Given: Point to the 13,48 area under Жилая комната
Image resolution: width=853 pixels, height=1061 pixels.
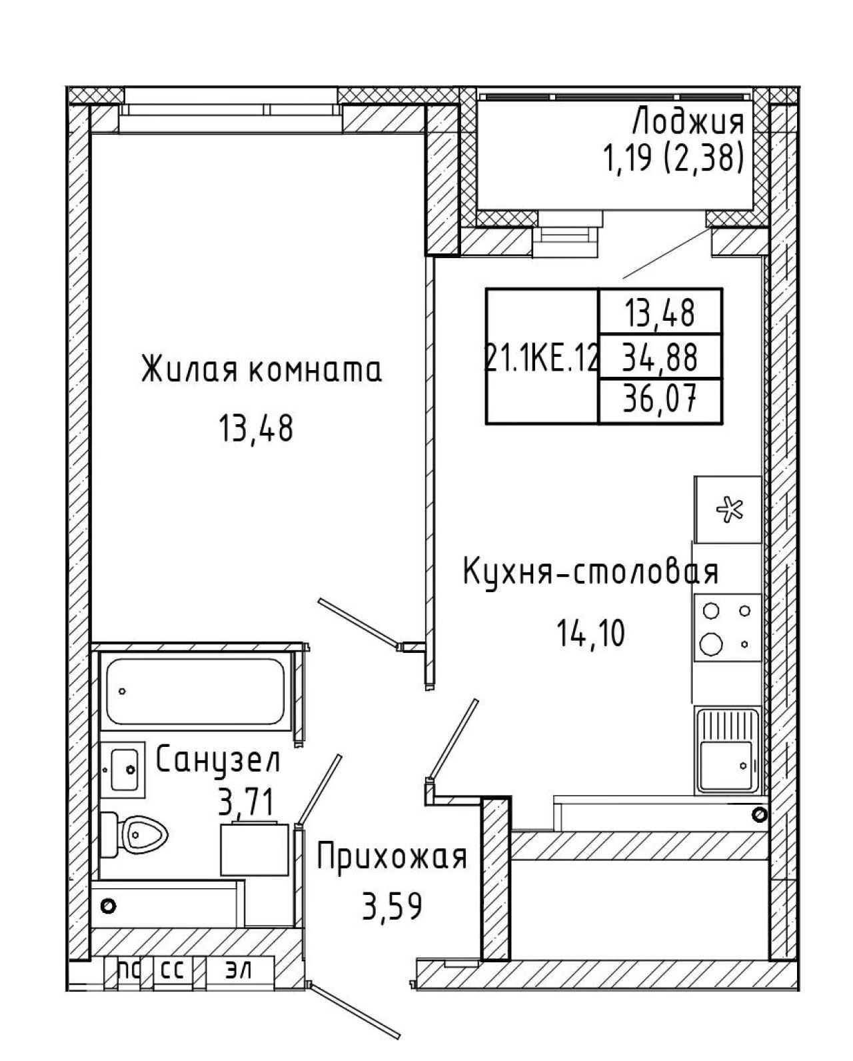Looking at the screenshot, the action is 256,427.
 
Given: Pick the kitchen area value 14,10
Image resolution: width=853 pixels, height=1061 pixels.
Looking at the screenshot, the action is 591,633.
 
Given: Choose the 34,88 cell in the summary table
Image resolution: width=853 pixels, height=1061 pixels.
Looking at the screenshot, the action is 660,357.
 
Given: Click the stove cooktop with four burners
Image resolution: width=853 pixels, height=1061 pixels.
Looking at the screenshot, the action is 728,627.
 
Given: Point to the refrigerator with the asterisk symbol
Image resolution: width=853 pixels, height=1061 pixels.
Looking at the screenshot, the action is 728,509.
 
